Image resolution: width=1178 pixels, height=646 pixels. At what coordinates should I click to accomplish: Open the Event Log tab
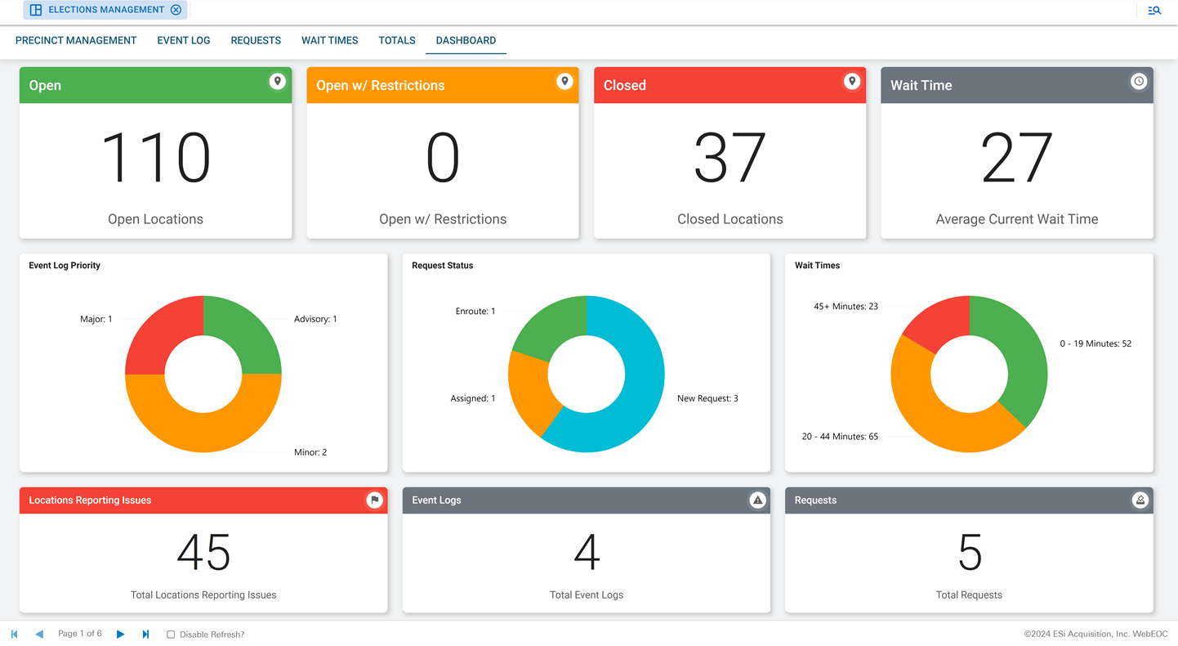(x=184, y=40)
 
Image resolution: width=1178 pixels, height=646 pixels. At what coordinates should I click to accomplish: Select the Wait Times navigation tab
(x=329, y=40)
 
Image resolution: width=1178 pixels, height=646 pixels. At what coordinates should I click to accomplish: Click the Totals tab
(x=397, y=40)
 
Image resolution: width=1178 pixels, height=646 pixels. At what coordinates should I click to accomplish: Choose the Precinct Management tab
(x=76, y=40)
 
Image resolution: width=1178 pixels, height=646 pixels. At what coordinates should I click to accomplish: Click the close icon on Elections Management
(x=176, y=10)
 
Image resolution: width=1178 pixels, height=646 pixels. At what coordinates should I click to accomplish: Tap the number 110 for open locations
(x=155, y=158)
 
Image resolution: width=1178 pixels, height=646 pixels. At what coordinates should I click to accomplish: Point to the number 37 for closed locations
(x=730, y=158)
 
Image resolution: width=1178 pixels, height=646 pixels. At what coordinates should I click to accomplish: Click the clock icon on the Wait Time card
(x=1139, y=82)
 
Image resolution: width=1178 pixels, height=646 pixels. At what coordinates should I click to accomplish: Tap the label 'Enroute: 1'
(x=475, y=312)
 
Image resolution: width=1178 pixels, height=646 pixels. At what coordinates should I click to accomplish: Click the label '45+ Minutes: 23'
(x=846, y=307)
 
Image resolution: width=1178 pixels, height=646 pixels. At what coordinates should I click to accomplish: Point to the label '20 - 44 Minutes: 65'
(x=840, y=437)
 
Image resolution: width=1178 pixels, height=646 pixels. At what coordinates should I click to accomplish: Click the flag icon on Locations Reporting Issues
(x=375, y=500)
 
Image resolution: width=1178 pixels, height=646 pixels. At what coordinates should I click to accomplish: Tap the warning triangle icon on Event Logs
(x=757, y=500)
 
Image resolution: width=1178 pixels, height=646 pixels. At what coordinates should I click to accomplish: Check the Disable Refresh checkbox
(x=171, y=635)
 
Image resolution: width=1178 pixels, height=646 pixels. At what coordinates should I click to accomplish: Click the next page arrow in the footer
(x=121, y=635)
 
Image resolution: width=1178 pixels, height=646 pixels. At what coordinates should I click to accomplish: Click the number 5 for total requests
(x=970, y=553)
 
